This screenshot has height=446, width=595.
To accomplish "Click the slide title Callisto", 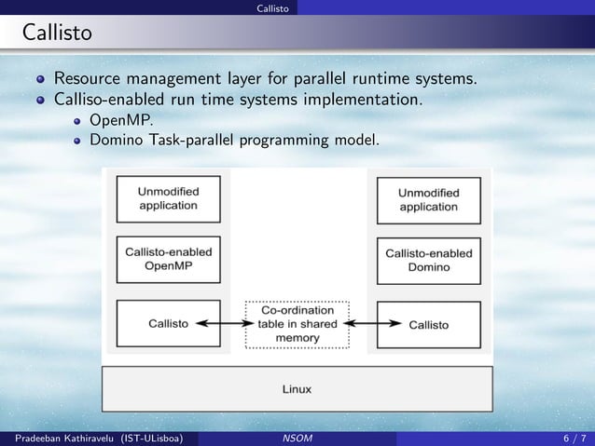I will click(x=57, y=34).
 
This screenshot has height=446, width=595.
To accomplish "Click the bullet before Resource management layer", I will click(x=41, y=77).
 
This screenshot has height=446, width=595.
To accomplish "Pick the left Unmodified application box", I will click(x=168, y=197).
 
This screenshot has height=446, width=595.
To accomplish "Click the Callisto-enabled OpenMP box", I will click(x=168, y=258).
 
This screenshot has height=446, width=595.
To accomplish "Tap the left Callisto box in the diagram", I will click(x=168, y=324).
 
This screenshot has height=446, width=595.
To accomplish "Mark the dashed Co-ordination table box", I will click(x=297, y=324).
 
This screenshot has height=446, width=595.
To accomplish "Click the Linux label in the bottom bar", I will click(x=297, y=388).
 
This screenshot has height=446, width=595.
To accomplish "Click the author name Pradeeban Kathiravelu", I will click(x=59, y=437).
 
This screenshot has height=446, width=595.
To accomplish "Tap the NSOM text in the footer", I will click(x=297, y=437).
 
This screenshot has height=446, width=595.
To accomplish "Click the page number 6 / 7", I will click(x=574, y=437).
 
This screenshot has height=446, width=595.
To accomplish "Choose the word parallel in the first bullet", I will click(x=332, y=77).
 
